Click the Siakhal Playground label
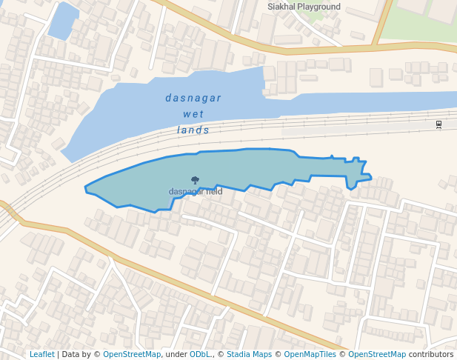tap(304, 7)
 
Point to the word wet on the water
tap(193, 114)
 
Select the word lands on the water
tap(193, 130)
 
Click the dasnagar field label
tap(196, 191)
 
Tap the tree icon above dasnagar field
tap(195, 180)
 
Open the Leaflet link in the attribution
tap(41, 355)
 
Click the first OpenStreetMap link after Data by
tap(132, 355)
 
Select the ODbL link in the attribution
tap(200, 355)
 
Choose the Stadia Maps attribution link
tap(249, 355)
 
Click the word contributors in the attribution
tap(431, 355)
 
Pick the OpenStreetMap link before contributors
tap(377, 355)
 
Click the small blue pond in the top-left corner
tap(62, 20)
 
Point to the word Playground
tap(319, 7)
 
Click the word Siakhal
tap(281, 7)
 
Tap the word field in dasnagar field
tap(214, 191)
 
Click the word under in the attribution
tap(176, 355)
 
